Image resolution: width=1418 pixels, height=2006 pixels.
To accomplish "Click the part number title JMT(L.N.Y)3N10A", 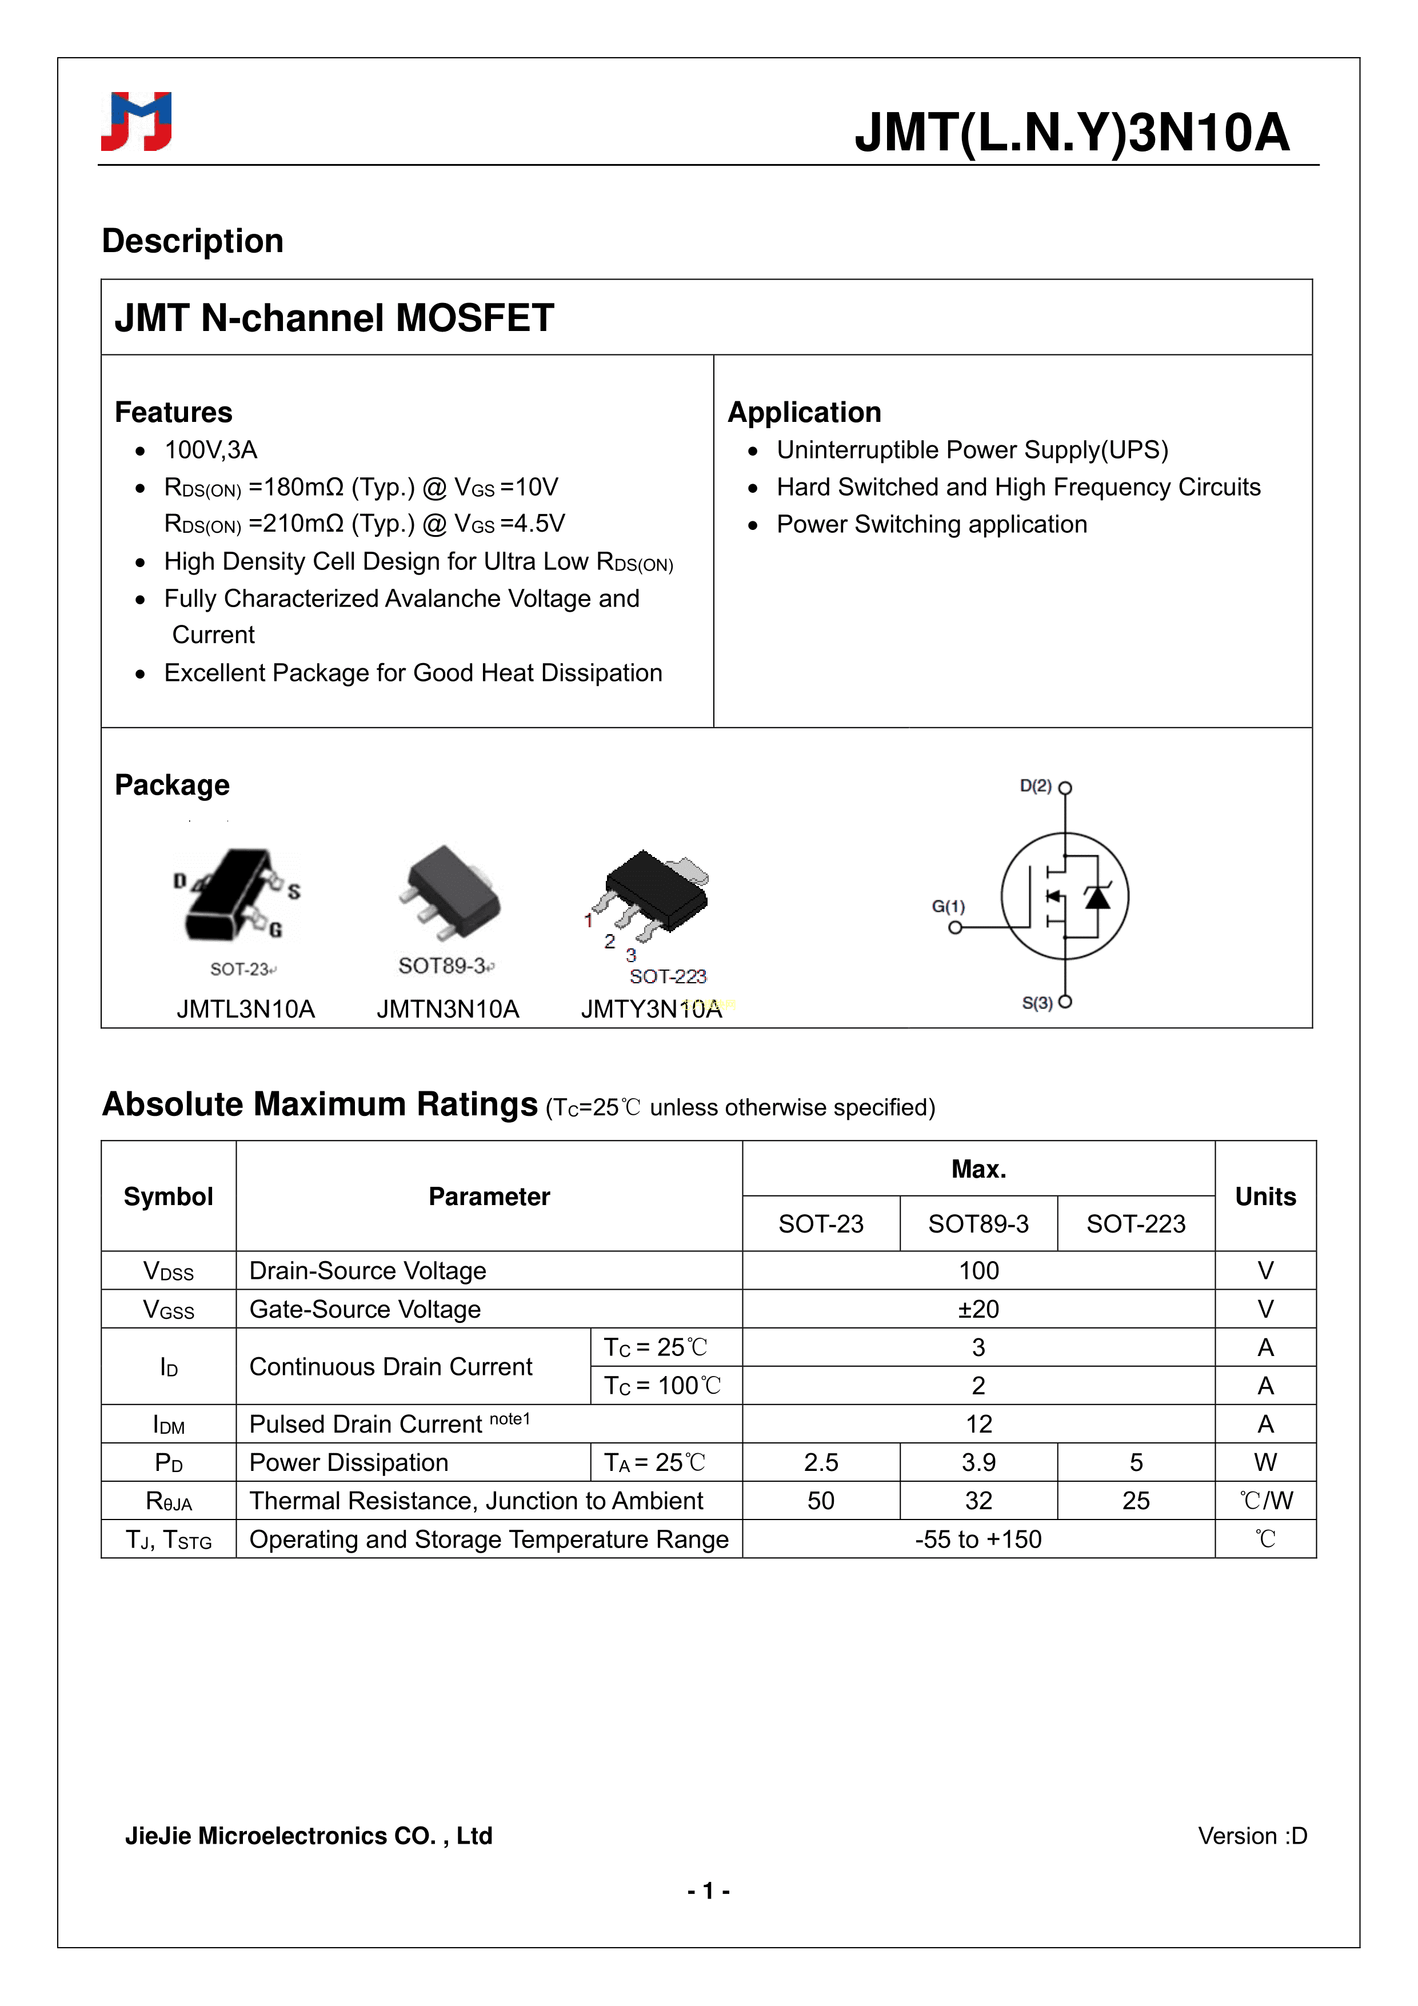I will [x=1071, y=133].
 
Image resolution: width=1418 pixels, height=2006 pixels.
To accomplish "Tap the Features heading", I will [x=174, y=412].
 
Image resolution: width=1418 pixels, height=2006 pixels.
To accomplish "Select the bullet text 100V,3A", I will [x=210, y=450].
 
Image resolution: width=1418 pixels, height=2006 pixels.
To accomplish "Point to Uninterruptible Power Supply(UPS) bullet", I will [x=972, y=450].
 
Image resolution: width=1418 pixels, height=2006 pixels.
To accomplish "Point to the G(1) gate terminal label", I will [x=948, y=906].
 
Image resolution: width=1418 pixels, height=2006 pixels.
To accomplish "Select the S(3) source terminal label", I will [x=1037, y=1003].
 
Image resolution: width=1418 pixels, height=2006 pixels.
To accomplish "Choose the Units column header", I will [x=1264, y=1196].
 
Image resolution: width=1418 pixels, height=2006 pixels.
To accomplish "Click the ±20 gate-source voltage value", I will [x=978, y=1309].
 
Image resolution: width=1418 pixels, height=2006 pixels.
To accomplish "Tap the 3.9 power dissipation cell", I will [x=978, y=1462].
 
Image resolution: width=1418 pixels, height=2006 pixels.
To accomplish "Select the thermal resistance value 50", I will [x=820, y=1501].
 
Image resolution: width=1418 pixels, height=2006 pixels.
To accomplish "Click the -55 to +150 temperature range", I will [x=978, y=1540].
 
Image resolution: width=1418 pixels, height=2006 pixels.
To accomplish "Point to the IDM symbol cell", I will [x=169, y=1425].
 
